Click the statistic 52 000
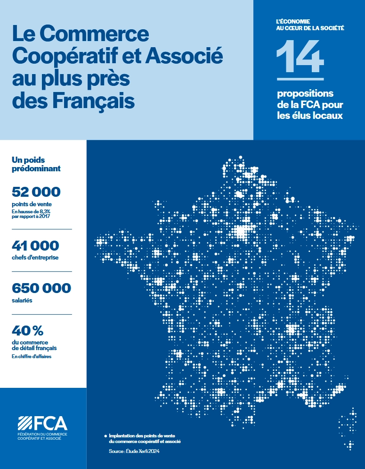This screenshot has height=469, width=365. pos(36,192)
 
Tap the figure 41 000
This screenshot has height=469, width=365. pos(35,246)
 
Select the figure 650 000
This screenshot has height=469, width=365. pos(41,288)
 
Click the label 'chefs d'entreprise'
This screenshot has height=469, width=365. pos(35,258)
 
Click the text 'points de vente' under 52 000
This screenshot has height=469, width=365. pos(32,204)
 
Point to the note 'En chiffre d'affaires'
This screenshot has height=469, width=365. pos(31,357)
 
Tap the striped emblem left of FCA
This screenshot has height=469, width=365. pos(25,423)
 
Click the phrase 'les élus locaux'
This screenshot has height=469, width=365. pos(307,116)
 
